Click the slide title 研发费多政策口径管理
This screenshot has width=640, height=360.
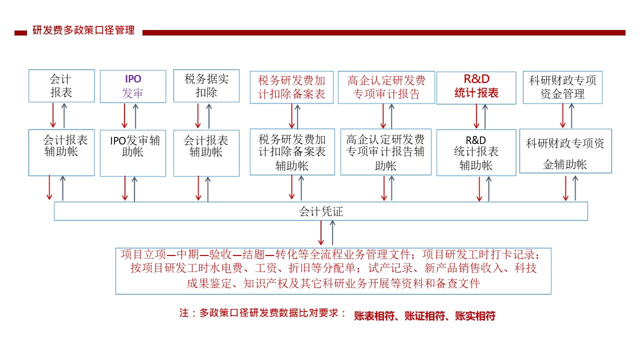[83, 30]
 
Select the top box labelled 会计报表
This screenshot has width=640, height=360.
[61, 85]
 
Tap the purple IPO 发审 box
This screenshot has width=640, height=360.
[133, 86]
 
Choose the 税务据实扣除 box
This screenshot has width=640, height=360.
[206, 85]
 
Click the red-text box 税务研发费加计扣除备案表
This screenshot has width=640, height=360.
[291, 87]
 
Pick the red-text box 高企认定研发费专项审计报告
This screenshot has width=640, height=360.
[386, 87]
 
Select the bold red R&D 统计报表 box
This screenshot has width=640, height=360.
[476, 87]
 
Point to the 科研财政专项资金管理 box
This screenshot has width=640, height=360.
[562, 87]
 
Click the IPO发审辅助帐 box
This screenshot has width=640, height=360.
[133, 153]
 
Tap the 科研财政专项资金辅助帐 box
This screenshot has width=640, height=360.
[565, 151]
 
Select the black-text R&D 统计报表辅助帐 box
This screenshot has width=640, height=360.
[476, 152]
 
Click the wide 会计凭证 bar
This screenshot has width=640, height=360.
[321, 211]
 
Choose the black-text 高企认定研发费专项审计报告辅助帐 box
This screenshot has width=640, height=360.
[385, 151]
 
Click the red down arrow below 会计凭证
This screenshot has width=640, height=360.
[321, 232]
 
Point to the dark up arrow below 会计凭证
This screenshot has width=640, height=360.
[332, 232]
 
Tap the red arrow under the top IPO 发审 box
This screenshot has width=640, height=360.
[124, 115]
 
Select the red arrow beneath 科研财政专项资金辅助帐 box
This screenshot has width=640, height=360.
[565, 188]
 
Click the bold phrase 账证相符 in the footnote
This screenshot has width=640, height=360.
[424, 315]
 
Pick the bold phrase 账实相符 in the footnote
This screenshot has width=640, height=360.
[475, 315]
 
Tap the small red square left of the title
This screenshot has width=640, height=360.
[20, 33]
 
